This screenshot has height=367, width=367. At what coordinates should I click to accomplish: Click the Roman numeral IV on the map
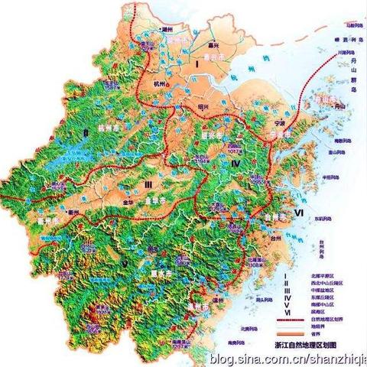(x=236, y=162)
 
